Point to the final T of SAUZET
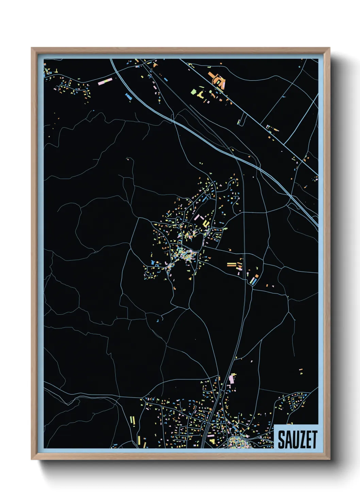tap(314, 440)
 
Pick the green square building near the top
tap(194, 92)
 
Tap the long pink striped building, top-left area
tap(105, 82)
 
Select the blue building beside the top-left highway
tap(129, 97)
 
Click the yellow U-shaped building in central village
tap(206, 223)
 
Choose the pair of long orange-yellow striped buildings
tap(231, 264)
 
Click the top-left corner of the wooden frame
tap(32, 48)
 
